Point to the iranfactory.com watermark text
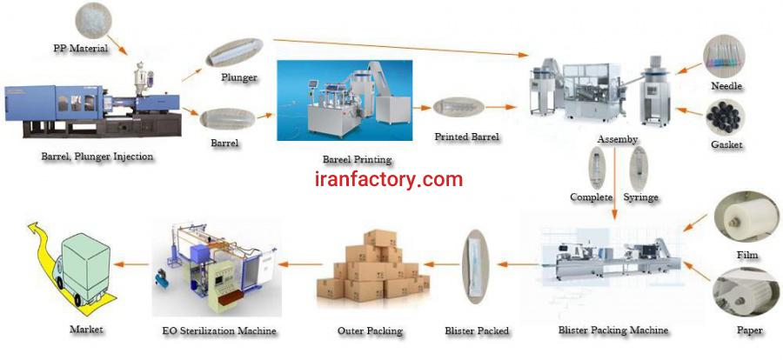coord(388,180)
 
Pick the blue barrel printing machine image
coord(344,99)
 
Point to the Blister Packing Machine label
coord(612,330)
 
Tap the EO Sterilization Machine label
coord(218,330)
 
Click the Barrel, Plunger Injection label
coord(97,157)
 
